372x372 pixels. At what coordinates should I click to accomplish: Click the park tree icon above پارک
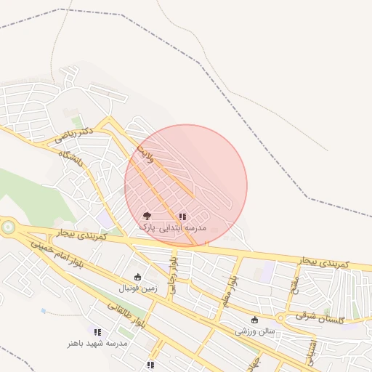[x=147, y=216]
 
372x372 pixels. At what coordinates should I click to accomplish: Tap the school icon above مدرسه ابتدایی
[x=182, y=217]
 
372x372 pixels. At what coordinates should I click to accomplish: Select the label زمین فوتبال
[x=138, y=288]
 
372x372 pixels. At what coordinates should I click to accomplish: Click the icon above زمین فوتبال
[x=138, y=277]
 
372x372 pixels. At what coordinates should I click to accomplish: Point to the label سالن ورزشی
[x=255, y=331]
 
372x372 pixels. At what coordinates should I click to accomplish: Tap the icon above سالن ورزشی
[x=254, y=320]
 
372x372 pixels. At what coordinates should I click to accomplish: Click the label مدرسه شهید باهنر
[x=98, y=343]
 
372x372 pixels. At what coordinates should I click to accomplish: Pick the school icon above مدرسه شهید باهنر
[x=98, y=331]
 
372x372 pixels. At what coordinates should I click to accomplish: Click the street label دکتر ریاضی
[x=73, y=135]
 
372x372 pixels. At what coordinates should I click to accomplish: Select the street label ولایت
[x=145, y=153]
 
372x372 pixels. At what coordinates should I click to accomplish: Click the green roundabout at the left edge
[x=7, y=227]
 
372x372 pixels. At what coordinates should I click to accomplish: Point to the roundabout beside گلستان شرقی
[x=280, y=318]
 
